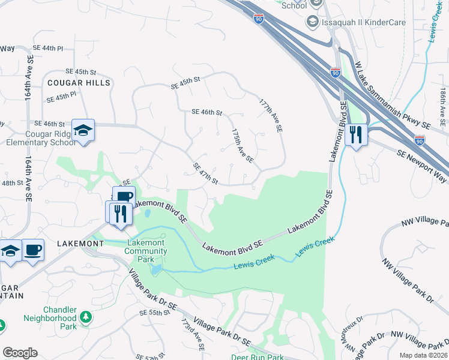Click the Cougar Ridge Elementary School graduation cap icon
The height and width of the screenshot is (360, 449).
[x=83, y=130]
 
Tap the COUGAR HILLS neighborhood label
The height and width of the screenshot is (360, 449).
[x=79, y=83]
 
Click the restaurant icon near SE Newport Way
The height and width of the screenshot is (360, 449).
[x=357, y=135]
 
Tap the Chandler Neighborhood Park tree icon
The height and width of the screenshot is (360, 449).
[x=86, y=316]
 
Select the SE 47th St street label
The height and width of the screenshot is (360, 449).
[x=205, y=173]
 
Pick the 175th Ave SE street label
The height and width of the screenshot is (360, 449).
[x=243, y=146]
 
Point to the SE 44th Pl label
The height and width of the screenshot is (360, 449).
[x=48, y=47]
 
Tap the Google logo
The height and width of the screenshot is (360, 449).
[x=20, y=353]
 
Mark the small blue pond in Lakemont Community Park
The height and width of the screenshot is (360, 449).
[x=156, y=269]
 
